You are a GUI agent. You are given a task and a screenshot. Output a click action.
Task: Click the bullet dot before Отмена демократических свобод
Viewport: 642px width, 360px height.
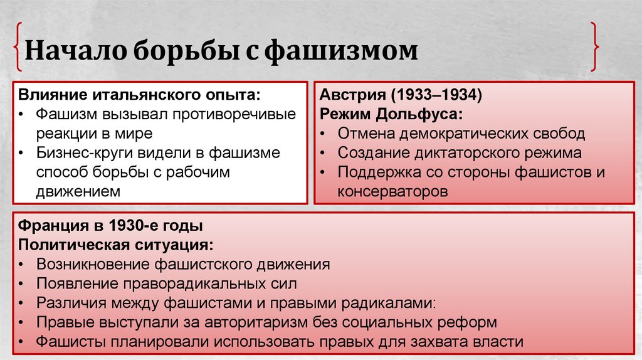click(322, 134)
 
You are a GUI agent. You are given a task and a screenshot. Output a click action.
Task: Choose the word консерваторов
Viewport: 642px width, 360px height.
click(393, 191)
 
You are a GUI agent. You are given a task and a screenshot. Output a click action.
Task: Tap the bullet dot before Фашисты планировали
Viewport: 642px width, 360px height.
click(23, 342)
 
